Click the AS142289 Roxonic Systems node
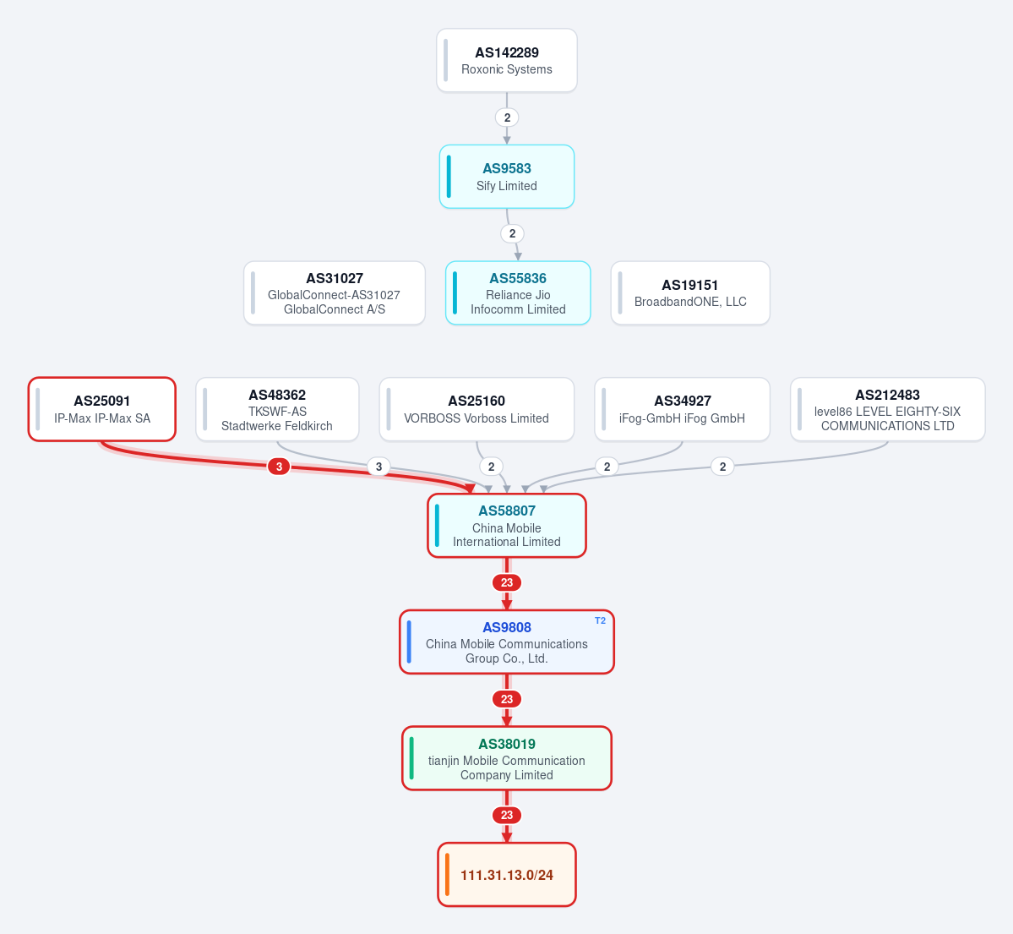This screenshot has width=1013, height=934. point(507,61)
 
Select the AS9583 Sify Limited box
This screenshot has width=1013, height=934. point(507,177)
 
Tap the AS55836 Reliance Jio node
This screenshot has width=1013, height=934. point(518,292)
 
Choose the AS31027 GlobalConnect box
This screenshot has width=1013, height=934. point(335,292)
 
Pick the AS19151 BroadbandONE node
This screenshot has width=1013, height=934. point(690,292)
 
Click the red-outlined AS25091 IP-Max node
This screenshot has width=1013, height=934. point(102,409)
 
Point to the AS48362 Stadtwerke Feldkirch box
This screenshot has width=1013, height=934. point(277,409)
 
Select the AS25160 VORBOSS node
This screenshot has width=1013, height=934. point(477,409)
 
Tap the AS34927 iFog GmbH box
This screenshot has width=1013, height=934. point(682,409)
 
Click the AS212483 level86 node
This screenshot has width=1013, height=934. point(888,409)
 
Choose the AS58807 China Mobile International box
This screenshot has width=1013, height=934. point(507,526)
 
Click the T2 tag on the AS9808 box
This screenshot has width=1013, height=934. point(600,620)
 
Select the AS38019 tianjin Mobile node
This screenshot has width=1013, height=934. point(507,758)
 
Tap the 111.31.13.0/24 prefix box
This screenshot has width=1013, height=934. point(507,875)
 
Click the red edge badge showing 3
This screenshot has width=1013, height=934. point(279,467)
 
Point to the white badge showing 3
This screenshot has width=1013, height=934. point(379,467)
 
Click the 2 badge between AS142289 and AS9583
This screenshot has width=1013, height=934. point(507,117)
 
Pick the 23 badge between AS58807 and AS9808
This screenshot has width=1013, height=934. point(507,583)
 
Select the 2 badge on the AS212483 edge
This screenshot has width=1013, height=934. point(723,467)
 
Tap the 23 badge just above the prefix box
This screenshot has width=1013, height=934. point(507,816)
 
